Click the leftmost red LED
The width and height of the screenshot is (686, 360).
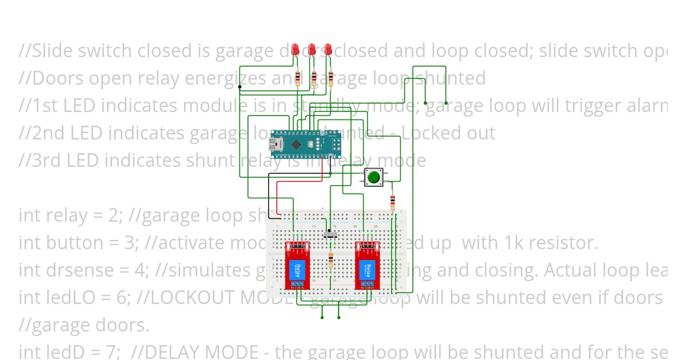295,50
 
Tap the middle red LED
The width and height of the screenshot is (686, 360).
312,50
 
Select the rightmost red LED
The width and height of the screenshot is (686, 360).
328,50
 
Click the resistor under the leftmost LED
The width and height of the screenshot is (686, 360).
298,78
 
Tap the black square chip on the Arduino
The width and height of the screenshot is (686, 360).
296,145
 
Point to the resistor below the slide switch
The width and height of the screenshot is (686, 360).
330,262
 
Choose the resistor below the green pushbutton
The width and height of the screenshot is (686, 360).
392,201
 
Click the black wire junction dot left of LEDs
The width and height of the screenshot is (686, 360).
240,87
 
